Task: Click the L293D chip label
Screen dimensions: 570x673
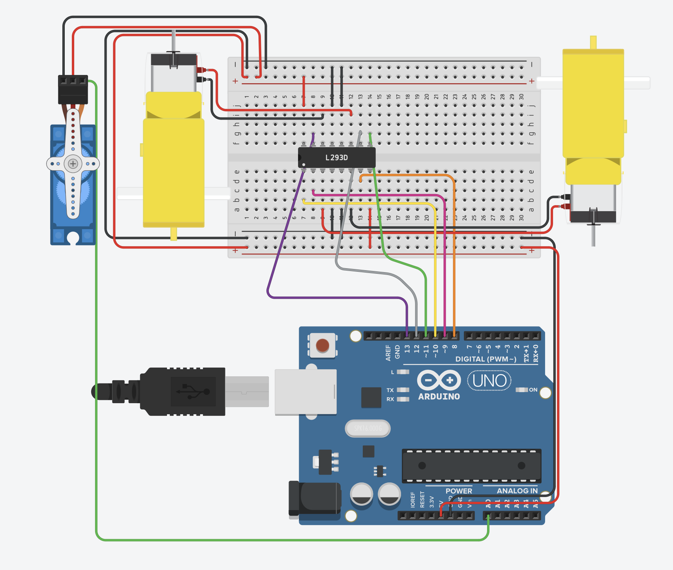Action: [336, 158]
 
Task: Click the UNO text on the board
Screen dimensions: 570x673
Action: [489, 381]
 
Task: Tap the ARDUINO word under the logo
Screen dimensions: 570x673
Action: [439, 396]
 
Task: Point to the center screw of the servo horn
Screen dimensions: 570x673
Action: [73, 163]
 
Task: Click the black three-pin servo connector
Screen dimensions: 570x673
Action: [73, 89]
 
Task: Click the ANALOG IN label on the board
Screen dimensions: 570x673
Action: [517, 491]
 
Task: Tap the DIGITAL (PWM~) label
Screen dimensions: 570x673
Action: [486, 359]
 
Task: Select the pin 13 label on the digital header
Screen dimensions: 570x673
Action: [407, 349]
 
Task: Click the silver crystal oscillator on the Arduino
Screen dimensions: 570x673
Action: [367, 428]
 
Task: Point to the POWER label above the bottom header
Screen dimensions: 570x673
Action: [459, 491]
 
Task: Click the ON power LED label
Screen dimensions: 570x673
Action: [533, 390]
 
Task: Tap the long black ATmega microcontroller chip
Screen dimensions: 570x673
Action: [471, 465]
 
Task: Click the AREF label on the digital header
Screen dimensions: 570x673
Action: [388, 352]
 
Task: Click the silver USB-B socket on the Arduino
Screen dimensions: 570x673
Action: [306, 392]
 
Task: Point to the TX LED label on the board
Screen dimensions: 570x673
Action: [390, 390]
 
